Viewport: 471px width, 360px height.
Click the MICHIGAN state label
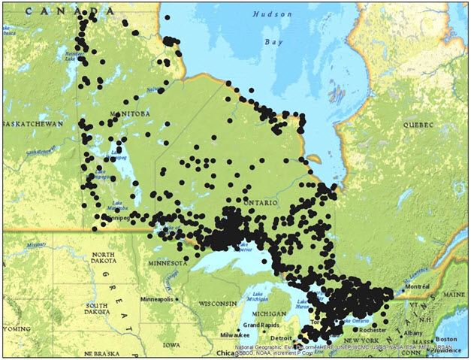coord(269,313)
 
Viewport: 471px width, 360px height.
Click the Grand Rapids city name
coord(261,325)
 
